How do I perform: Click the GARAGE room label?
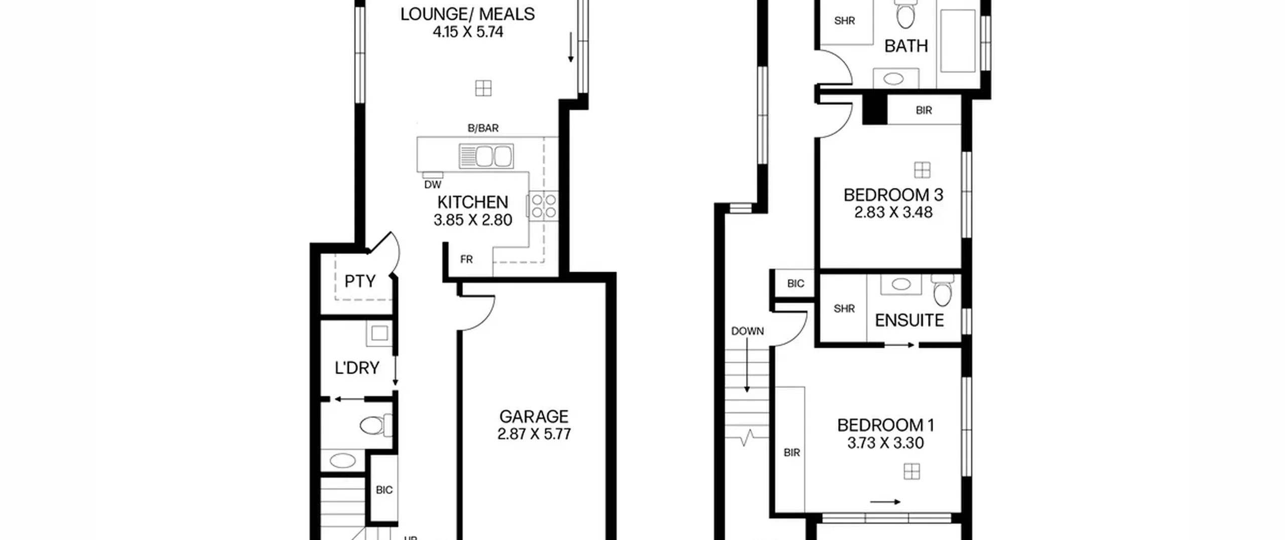pyautogui.click(x=534, y=416)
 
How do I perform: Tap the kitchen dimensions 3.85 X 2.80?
pyautogui.click(x=473, y=220)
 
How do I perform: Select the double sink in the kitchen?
pyautogui.click(x=486, y=156)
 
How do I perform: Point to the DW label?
pyautogui.click(x=433, y=185)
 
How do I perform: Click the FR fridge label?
pyautogui.click(x=466, y=259)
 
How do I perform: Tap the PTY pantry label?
pyautogui.click(x=360, y=281)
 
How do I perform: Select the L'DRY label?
pyautogui.click(x=357, y=368)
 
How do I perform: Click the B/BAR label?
pyautogui.click(x=483, y=128)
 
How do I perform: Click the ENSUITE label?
pyautogui.click(x=909, y=320)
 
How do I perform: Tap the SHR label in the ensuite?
pyautogui.click(x=844, y=308)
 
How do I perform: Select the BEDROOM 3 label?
pyautogui.click(x=893, y=194)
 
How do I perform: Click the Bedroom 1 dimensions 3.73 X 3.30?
pyautogui.click(x=885, y=443)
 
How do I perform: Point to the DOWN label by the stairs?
pyautogui.click(x=747, y=331)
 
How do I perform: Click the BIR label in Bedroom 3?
pyautogui.click(x=924, y=110)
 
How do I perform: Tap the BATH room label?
pyautogui.click(x=906, y=46)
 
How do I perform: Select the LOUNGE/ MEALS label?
pyautogui.click(x=467, y=14)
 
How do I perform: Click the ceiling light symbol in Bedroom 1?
pyautogui.click(x=912, y=472)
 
